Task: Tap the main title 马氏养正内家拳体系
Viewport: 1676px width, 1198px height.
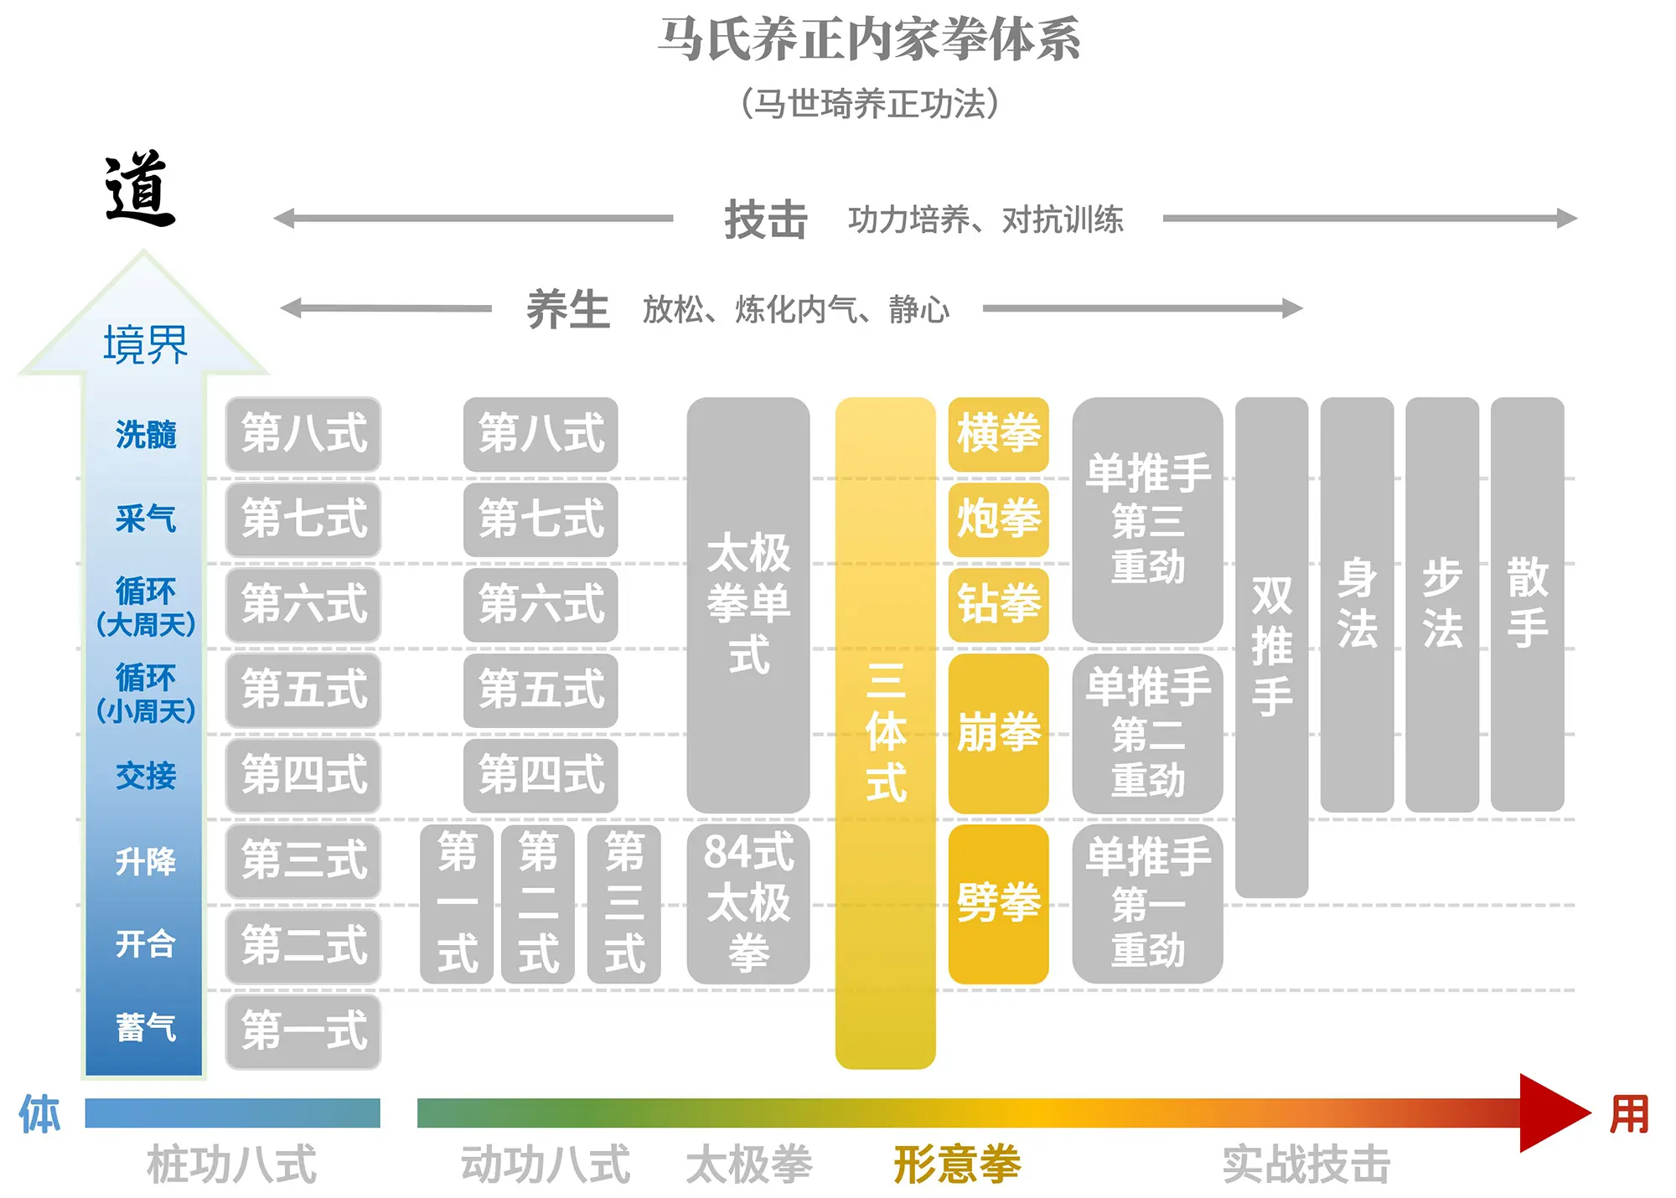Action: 869,39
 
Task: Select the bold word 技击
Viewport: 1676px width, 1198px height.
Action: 766,219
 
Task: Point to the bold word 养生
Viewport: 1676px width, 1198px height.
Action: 568,309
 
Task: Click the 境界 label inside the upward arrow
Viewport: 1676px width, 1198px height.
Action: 145,344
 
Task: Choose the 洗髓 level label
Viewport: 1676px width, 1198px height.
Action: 146,435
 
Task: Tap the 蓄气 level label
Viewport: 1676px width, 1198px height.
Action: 146,1028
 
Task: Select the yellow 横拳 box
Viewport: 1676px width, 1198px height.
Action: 998,434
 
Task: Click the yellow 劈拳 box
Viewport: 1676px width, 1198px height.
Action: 998,903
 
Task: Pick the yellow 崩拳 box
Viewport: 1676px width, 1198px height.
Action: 998,733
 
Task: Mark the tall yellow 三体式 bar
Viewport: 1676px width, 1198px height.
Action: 885,733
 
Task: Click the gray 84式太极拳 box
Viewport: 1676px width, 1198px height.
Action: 748,903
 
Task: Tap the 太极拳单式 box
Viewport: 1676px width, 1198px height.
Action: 748,603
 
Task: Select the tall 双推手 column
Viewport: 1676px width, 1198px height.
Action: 1271,647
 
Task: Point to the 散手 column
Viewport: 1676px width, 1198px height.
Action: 1527,603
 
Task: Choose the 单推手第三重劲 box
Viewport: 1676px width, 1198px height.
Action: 1147,519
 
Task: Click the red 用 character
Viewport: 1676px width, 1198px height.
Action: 1629,1114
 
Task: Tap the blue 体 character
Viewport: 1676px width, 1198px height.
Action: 39,1114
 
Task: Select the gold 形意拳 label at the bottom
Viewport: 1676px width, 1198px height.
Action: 957,1164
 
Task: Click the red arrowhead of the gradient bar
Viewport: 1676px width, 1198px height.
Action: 1550,1113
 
